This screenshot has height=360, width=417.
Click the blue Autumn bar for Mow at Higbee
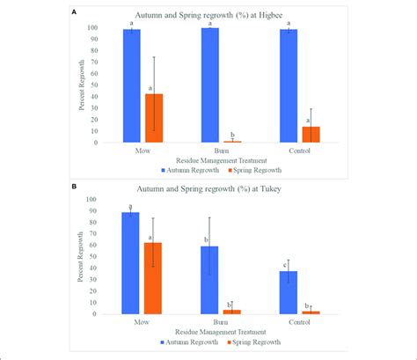pos(130,85)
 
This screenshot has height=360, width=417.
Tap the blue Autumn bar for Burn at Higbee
pos(208,84)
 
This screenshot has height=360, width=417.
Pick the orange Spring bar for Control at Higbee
pos(310,134)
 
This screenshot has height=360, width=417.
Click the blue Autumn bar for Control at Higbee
pos(287,85)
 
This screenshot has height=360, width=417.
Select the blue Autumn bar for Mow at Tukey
pos(130,262)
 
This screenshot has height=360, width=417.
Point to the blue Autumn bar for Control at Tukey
pos(287,292)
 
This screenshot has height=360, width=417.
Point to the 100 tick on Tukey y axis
pos(94,200)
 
